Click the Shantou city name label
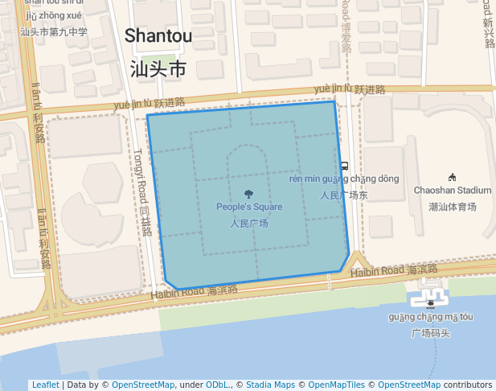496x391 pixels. tap(158, 36)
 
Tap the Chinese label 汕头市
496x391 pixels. tap(158, 69)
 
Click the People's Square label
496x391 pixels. tap(249, 207)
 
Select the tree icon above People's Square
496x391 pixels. tap(249, 193)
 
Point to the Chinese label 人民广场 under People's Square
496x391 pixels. tap(249, 224)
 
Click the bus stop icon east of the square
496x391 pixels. tap(344, 167)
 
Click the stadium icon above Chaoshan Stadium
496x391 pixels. tap(452, 177)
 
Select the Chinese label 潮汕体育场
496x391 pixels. tap(452, 207)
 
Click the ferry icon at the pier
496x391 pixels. tap(431, 303)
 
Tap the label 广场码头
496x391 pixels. tap(431, 333)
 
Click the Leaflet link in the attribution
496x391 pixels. tap(45, 385)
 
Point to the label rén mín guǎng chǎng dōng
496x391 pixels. tap(343, 179)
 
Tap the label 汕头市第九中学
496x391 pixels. tap(53, 32)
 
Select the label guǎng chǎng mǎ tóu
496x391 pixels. tap(431, 317)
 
